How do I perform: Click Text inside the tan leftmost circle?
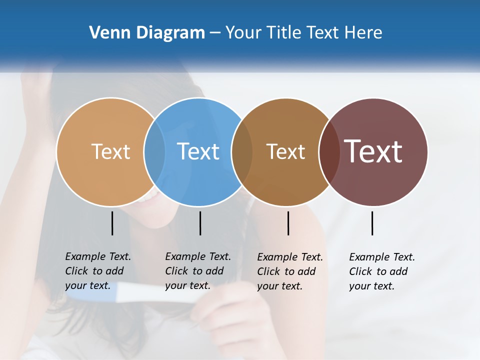[x=110, y=151]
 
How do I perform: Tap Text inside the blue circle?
[x=198, y=151]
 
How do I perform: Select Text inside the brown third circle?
[x=285, y=151]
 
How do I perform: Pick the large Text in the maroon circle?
[x=373, y=151]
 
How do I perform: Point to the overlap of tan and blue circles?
[x=154, y=151]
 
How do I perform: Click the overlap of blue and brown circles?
[x=242, y=151]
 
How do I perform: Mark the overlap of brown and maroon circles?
[x=329, y=151]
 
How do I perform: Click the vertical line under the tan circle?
[x=112, y=223]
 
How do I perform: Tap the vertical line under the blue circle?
[x=200, y=223]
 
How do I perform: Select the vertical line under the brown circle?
[x=288, y=223]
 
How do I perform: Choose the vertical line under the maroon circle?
[x=372, y=223]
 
